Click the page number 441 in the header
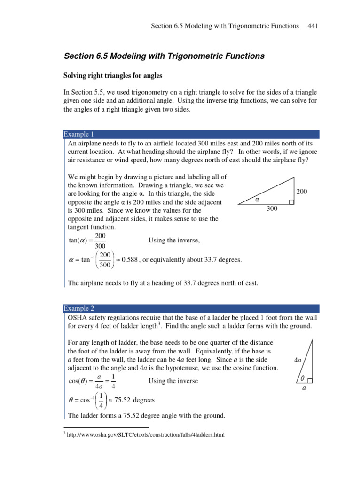(313, 26)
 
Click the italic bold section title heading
(164, 56)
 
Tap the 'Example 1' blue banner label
(79, 134)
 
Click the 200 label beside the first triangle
(302, 192)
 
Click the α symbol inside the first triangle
(257, 200)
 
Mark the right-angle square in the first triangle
(291, 202)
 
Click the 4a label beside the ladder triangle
(297, 360)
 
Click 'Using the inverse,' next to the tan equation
(174, 241)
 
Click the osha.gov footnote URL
(145, 435)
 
